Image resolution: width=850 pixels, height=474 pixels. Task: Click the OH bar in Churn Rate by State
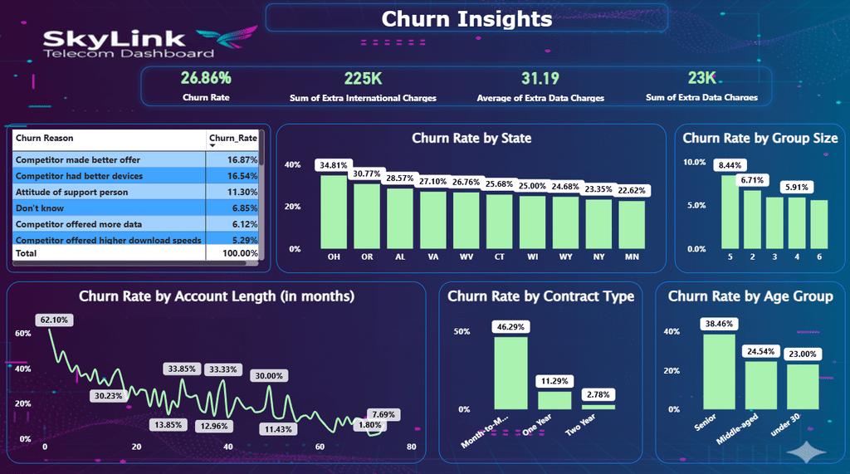click(x=334, y=212)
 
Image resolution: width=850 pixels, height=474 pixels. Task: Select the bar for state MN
click(x=632, y=225)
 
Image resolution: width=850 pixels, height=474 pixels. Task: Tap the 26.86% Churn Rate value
click(x=206, y=78)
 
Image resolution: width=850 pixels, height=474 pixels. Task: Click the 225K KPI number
click(x=364, y=79)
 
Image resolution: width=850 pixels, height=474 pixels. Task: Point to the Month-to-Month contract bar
click(x=510, y=373)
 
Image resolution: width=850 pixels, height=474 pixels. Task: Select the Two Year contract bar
click(x=598, y=408)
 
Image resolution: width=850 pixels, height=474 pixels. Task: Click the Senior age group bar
click(x=720, y=372)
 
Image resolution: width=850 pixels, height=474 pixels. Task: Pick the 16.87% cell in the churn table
click(x=242, y=159)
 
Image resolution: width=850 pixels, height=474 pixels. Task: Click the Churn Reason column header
click(x=45, y=138)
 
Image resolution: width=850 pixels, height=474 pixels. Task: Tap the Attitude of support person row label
click(x=71, y=192)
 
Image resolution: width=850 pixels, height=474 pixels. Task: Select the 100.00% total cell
click(x=240, y=253)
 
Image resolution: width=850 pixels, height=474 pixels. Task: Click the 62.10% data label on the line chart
click(x=54, y=320)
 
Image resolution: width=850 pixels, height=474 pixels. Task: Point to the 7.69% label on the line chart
click(x=383, y=414)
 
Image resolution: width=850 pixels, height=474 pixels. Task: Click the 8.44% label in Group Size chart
click(x=730, y=165)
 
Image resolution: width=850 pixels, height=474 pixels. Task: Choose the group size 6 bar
click(x=819, y=224)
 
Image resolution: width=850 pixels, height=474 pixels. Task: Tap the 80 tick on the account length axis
click(x=412, y=447)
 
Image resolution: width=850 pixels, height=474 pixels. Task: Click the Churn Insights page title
click(x=467, y=19)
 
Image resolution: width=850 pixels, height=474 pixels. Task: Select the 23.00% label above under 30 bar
click(x=803, y=354)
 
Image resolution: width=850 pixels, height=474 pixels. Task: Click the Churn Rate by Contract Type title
click(x=540, y=296)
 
